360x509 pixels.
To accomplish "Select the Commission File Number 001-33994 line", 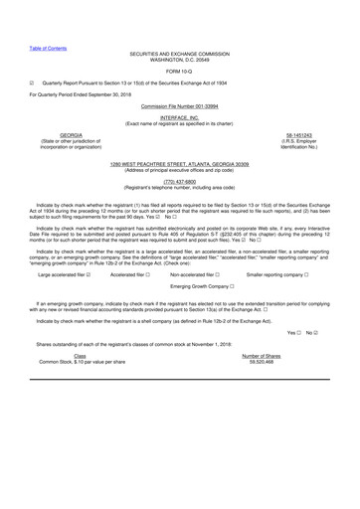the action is pos(180,104).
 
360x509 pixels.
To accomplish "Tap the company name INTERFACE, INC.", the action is pos(180,116).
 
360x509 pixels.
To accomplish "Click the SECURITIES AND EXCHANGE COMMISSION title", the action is pos(180,49).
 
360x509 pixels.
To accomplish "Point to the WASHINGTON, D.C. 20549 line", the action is pos(180,56).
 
